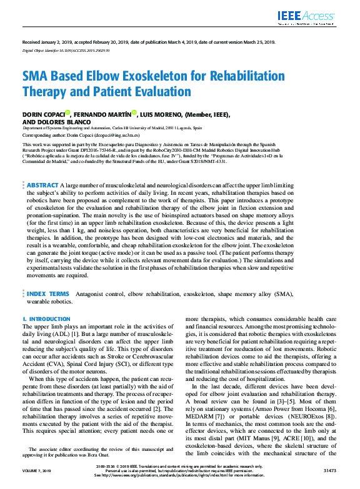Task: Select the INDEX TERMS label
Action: pos(47,292)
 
